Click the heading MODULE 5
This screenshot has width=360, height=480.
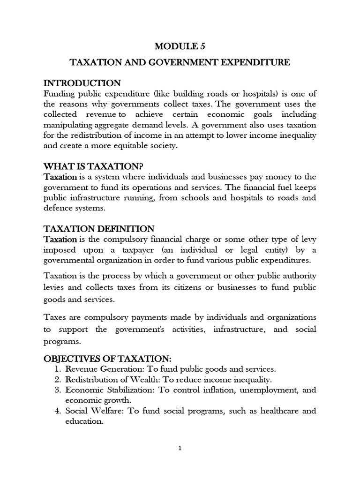(180, 46)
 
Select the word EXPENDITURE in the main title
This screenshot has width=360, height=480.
(258, 62)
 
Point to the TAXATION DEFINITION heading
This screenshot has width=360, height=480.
(99, 229)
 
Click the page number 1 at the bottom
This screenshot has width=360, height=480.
(180, 448)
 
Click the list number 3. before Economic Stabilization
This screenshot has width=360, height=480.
(52, 390)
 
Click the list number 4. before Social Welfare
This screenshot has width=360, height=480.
(52, 411)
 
